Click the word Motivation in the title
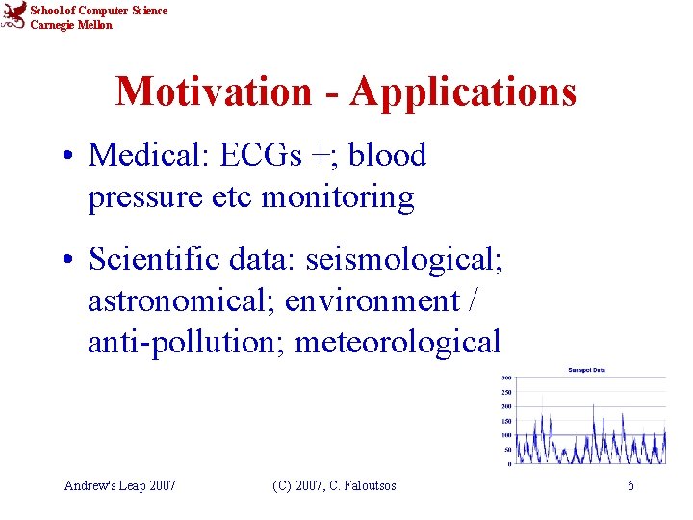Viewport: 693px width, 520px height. point(214,92)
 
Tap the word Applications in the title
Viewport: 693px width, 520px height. point(463,92)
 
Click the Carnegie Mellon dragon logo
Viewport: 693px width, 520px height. point(13,16)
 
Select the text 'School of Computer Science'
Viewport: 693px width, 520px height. point(98,11)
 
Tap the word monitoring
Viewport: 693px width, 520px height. point(338,197)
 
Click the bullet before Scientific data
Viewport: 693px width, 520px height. point(71,260)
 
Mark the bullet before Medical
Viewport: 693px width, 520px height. point(71,156)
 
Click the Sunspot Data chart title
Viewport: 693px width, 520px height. point(587,370)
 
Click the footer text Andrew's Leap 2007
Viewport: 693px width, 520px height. point(119,486)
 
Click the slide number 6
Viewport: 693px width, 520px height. point(630,486)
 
